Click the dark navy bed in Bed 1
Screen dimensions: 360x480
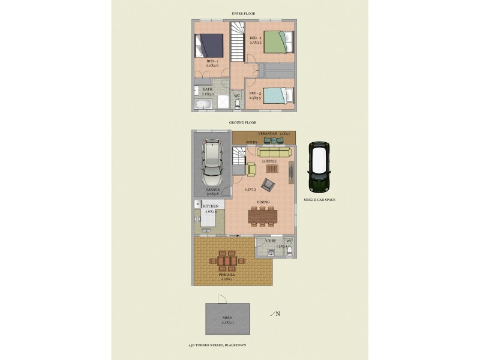click(x=209, y=44)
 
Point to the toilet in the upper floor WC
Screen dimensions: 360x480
click(x=238, y=105)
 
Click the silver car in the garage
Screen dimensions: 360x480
click(x=211, y=163)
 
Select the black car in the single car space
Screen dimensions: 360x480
click(x=319, y=166)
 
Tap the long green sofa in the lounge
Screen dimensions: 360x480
click(x=274, y=152)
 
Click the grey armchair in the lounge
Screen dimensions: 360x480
click(x=268, y=184)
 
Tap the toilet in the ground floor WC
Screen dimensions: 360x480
click(x=289, y=251)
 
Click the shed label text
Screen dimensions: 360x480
click(x=227, y=319)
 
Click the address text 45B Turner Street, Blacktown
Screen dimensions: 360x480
click(x=217, y=345)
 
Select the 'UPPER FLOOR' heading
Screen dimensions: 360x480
click(x=243, y=13)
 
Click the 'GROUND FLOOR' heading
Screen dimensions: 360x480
click(x=243, y=122)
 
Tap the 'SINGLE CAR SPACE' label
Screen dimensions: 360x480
click(x=319, y=199)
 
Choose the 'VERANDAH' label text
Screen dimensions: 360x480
click(x=268, y=133)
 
